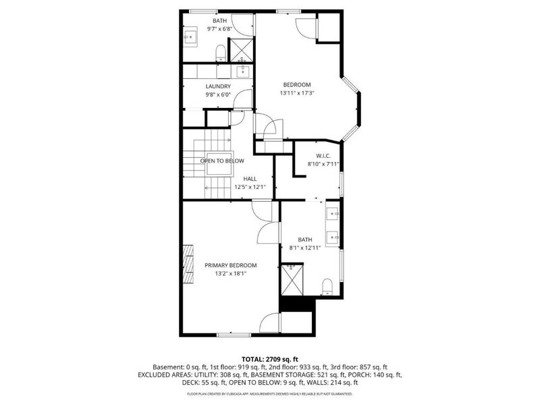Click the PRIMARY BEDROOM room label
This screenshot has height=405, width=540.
tap(230, 265)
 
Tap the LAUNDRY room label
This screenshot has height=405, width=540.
tap(218, 86)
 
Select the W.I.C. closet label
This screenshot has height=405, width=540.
tap(323, 156)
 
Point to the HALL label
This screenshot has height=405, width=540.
tap(250, 179)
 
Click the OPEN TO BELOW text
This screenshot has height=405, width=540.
tap(222, 161)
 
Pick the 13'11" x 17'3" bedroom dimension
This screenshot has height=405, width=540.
tap(297, 93)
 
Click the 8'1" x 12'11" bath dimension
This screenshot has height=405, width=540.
tap(305, 248)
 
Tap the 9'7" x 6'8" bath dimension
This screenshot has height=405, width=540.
tap(219, 29)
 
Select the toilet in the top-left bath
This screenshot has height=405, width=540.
tap(221, 54)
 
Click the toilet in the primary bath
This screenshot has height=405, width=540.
tap(327, 288)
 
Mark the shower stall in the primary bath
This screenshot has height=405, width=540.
tap(292, 279)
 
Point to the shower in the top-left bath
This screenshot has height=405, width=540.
tap(242, 50)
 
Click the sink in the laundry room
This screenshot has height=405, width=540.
tap(243, 72)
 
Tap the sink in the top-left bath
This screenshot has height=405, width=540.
tap(190, 36)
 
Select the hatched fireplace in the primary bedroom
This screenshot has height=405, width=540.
tap(188, 264)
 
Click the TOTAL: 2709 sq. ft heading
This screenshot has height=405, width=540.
tap(269, 360)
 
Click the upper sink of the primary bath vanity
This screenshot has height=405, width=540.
tap(333, 213)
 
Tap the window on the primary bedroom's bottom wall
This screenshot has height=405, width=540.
tap(234, 334)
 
